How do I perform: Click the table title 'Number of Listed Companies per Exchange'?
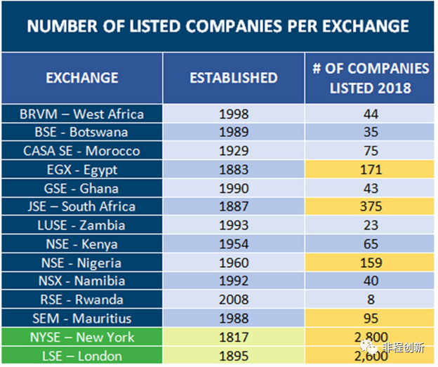(x=218, y=27)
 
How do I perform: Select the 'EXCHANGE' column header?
(x=82, y=78)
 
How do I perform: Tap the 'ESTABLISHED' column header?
(x=234, y=78)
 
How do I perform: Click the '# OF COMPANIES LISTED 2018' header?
(x=371, y=78)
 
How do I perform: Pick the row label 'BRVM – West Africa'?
(x=83, y=114)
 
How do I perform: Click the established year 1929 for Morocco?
(x=234, y=151)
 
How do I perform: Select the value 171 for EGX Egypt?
(x=370, y=169)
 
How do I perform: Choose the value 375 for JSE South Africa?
(x=370, y=206)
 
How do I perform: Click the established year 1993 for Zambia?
(x=234, y=225)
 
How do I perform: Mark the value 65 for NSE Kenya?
(x=370, y=244)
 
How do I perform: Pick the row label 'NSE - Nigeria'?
(x=82, y=263)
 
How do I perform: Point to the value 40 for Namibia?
(x=370, y=281)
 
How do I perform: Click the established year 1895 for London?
(x=234, y=356)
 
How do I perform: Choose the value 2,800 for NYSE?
(x=370, y=338)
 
